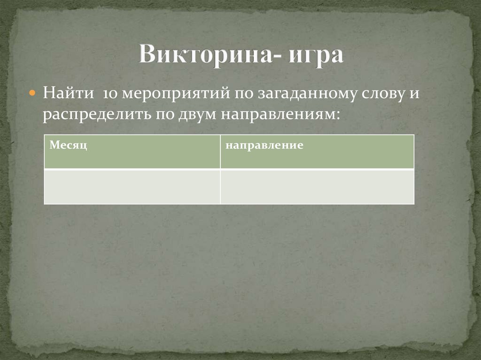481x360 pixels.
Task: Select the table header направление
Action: pos(264,146)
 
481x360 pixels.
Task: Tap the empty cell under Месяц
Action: pos(132,186)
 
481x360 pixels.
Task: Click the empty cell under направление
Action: pos(317,186)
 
